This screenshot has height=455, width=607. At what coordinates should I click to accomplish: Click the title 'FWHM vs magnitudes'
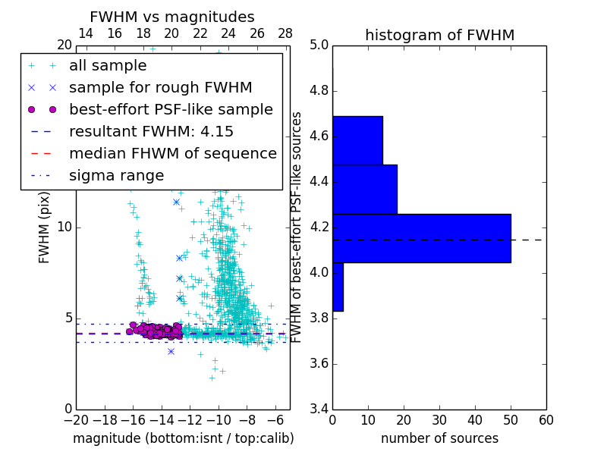click(x=172, y=17)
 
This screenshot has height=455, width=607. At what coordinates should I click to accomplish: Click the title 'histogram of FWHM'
click(x=439, y=35)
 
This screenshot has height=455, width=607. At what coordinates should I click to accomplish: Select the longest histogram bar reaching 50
click(x=421, y=238)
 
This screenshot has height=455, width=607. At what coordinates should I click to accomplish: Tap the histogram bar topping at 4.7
click(x=357, y=140)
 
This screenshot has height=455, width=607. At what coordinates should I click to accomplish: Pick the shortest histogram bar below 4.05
click(x=338, y=287)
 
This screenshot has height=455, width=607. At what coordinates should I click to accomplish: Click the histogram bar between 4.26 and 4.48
click(x=364, y=190)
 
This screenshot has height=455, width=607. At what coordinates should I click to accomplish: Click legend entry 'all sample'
click(x=108, y=66)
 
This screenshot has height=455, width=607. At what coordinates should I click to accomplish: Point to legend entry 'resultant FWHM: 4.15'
click(x=151, y=132)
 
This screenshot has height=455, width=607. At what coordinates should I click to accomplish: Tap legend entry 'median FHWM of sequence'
click(x=172, y=154)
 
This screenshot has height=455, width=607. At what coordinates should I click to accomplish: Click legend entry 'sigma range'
click(x=116, y=176)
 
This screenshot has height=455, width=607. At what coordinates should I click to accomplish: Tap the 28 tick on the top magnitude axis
click(x=285, y=33)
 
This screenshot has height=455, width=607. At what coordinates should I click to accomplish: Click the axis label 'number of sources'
click(x=439, y=439)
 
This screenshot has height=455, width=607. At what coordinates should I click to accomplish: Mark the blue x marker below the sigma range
click(x=171, y=351)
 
